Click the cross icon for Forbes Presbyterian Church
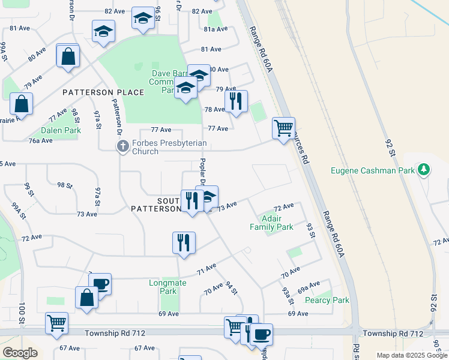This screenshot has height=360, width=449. (122, 146)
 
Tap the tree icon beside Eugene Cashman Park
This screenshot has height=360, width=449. (424, 170)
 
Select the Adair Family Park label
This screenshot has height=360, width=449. (271, 223)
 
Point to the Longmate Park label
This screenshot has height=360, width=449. (163, 286)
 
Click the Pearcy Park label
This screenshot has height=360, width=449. (327, 300)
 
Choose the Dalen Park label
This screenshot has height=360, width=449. (61, 130)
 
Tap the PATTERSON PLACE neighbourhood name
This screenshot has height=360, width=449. (103, 92)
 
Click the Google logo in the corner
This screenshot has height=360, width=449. (20, 353)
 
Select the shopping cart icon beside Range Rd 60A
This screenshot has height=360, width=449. (283, 127)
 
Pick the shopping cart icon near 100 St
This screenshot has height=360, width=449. (56, 322)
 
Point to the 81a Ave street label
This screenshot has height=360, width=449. (217, 29)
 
